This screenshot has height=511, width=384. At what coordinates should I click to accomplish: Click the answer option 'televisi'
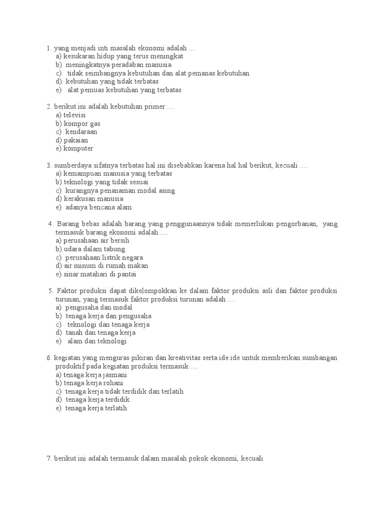coord(74,115)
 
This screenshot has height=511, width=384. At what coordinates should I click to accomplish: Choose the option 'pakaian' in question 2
coord(76,141)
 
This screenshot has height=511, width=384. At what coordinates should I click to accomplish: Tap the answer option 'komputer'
coord(78,149)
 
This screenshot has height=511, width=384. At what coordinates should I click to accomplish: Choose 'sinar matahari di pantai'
coord(100,274)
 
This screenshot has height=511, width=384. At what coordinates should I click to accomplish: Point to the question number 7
coord(48,459)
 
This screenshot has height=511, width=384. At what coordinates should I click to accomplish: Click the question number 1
coord(48,48)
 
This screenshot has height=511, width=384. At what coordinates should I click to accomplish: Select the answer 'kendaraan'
coord(81,132)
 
